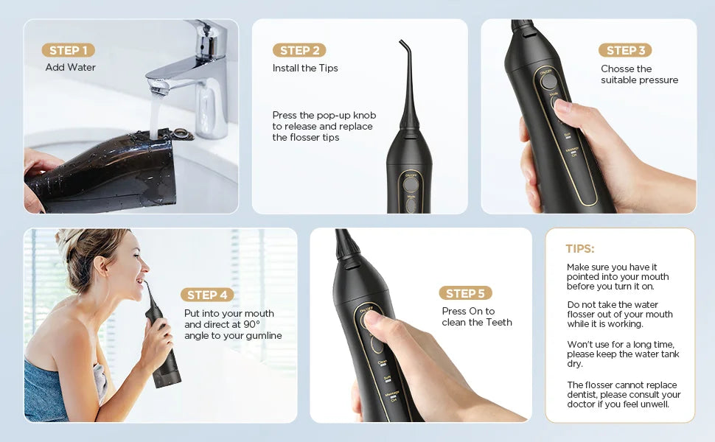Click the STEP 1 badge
[68, 50]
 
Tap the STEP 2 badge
[299, 50]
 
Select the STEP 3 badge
[625, 50]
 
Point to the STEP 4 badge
[207, 295]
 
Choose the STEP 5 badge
[465, 293]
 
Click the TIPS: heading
[580, 249]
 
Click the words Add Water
[71, 68]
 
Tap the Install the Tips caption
[305, 68]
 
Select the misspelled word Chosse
[617, 69]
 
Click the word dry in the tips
[575, 364]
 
